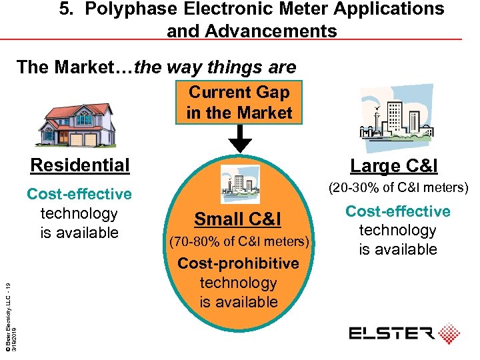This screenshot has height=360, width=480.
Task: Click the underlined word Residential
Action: [x=80, y=165]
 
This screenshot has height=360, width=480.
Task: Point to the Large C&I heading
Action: [x=393, y=165]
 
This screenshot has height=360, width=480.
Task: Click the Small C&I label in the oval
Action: [x=237, y=219]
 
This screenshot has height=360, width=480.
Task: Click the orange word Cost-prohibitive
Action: [x=238, y=263]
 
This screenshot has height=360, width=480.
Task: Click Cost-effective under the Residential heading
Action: [x=79, y=194]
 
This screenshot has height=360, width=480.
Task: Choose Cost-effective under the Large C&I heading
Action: [x=398, y=211]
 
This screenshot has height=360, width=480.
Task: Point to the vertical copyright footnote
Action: [x=9, y=314]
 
